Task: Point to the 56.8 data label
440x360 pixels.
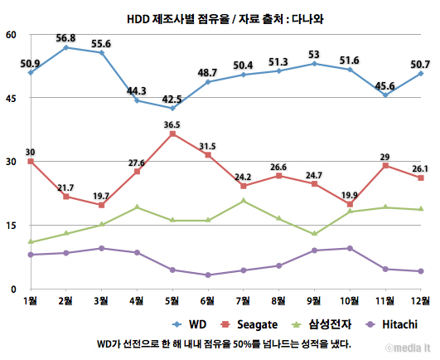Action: click(65, 38)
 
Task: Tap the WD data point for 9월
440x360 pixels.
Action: click(314, 63)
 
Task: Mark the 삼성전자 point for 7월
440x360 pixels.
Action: click(243, 201)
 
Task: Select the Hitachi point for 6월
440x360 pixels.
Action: click(207, 275)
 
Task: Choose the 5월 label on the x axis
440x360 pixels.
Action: click(172, 299)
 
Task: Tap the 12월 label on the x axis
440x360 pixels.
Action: click(420, 299)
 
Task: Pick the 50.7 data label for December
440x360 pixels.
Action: click(418, 64)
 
